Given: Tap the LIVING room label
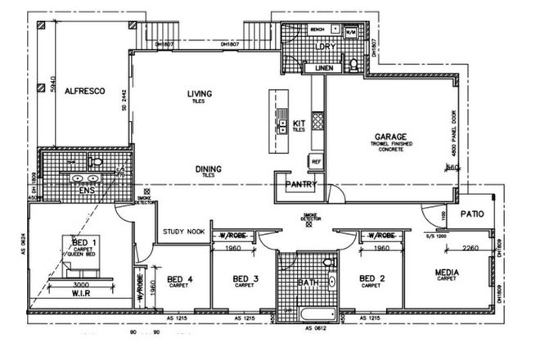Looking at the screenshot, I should point(199,94).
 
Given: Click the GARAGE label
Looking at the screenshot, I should point(391,137).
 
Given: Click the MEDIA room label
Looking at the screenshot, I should point(447,272).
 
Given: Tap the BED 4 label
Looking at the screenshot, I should point(178,279).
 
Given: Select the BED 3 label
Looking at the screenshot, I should point(244,279).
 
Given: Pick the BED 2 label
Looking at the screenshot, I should point(372,279).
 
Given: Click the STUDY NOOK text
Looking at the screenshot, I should point(183,232).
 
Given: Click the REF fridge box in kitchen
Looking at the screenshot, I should point(316,162).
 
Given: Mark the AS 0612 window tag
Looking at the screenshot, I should point(316,328).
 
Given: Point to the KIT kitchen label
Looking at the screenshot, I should point(299,124).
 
